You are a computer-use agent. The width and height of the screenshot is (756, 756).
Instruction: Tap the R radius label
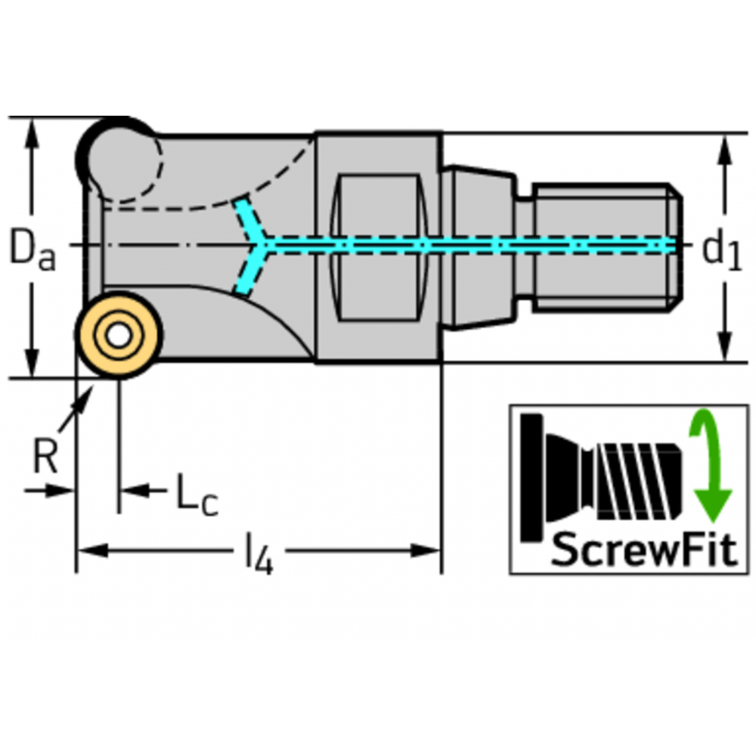(45, 456)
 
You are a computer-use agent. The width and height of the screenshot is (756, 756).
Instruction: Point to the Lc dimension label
(196, 496)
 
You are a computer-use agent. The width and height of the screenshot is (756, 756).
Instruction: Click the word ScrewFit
(643, 550)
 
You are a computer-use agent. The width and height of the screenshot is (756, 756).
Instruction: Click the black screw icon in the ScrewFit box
(601, 476)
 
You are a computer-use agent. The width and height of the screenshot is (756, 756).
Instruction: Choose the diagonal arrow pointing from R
(76, 408)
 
